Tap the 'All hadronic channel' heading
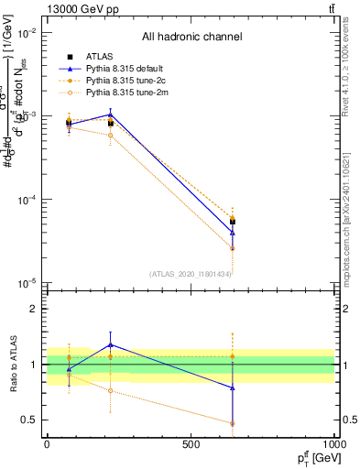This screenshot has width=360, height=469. pyautogui.click(x=191, y=38)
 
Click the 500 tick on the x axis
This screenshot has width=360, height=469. pyautogui.click(x=191, y=444)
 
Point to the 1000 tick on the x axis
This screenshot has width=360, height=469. pyautogui.click(x=333, y=444)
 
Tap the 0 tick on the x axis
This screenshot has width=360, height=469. pyautogui.click(x=47, y=444)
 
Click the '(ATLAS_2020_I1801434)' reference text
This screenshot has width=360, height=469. pyautogui.click(x=190, y=274)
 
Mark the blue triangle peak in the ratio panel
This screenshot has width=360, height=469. pyautogui.click(x=110, y=344)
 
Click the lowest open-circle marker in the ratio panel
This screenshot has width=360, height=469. pyautogui.click(x=233, y=423)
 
